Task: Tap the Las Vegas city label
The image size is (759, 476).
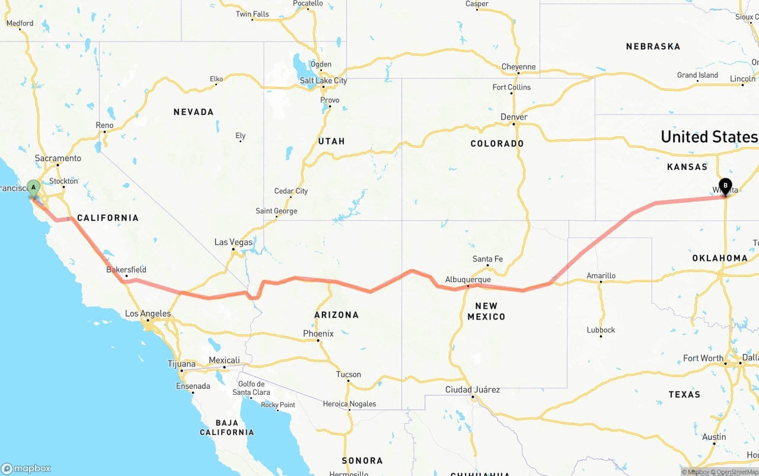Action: tap(233, 242)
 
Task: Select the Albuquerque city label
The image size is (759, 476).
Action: tap(468, 279)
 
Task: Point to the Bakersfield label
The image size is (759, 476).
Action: tap(126, 269)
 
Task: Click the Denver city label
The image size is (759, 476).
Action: tap(514, 117)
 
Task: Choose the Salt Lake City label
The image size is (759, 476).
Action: tap(323, 81)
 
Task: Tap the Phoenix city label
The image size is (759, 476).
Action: tap(318, 334)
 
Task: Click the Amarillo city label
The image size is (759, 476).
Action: tap(601, 276)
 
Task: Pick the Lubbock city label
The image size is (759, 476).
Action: tap(601, 330)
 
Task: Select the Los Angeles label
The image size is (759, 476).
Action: tap(148, 314)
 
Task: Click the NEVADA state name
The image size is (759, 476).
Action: tap(193, 112)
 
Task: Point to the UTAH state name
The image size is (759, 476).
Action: tap(331, 141)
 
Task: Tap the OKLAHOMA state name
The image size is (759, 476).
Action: tap(719, 258)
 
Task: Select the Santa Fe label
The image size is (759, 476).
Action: tap(487, 259)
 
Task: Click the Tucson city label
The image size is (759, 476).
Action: tap(348, 374)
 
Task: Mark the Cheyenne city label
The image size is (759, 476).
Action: tap(518, 67)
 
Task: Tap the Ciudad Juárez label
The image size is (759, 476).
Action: tap(473, 389)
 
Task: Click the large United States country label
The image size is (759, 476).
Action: tap(709, 137)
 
